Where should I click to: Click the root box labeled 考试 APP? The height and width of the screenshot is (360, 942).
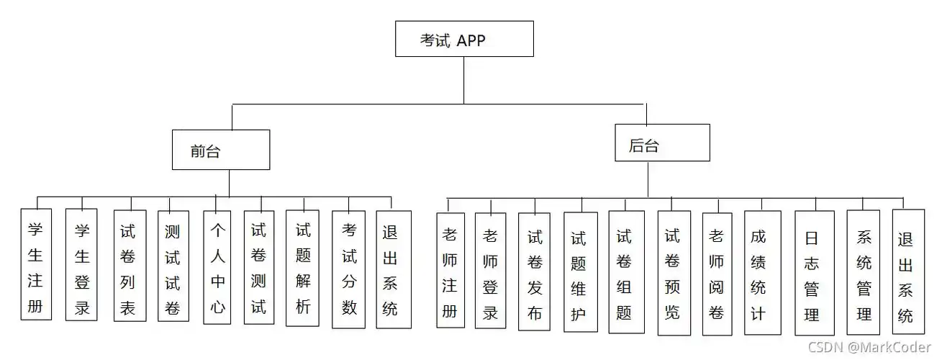tap(464, 39)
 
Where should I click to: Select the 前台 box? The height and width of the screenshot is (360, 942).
tap(221, 150)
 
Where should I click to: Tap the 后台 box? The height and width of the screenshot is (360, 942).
tap(662, 143)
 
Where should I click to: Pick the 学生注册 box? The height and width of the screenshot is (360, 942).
tap(36, 264)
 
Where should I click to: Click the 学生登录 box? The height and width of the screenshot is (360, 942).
tap(81, 264)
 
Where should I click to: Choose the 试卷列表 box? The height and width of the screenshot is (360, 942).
tap(130, 265)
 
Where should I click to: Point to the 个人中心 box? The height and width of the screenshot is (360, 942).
tap(217, 266)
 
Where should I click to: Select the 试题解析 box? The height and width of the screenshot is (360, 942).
tap(302, 268)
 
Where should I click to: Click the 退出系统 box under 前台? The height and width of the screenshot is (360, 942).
tap(394, 269)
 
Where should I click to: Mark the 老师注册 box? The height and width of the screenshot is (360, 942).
tap(450, 270)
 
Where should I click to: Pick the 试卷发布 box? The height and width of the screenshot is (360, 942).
tap(534, 271)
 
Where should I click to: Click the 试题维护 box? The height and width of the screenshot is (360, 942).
tap(580, 271)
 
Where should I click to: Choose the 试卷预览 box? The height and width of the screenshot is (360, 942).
tap(673, 273)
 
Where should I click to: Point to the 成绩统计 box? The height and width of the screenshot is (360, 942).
tap(762, 273)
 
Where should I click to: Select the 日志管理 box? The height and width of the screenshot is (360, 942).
tap(814, 273)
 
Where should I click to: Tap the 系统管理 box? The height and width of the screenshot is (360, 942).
tap(864, 273)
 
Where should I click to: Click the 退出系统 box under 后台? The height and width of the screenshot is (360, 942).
tap(908, 271)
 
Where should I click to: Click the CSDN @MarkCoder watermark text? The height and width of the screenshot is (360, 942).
tap(869, 348)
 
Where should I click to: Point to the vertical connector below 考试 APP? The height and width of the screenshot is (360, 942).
tap(464, 79)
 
